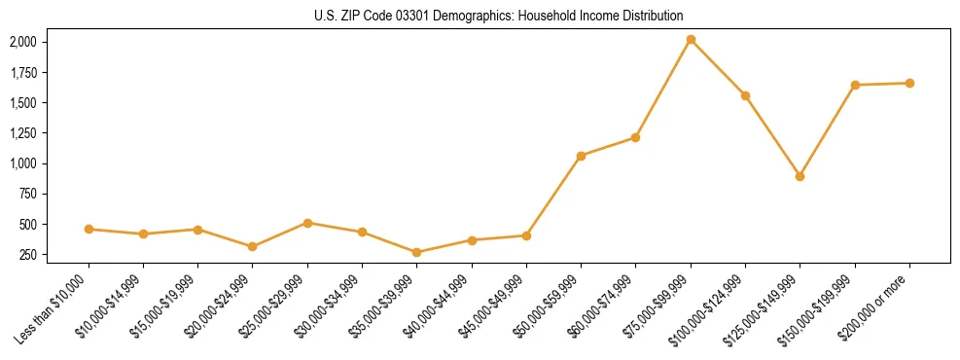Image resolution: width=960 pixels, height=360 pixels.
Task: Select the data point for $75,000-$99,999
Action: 691,40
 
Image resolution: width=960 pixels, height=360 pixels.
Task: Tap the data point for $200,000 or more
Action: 909,83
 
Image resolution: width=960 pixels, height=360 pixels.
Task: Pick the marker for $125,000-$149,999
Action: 800,176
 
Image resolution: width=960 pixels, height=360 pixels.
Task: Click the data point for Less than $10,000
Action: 89,229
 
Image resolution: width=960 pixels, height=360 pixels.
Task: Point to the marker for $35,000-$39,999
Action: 417,252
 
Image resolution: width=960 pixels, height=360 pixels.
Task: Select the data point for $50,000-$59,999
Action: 581,156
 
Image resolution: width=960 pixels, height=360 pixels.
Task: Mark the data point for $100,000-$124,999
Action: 745,95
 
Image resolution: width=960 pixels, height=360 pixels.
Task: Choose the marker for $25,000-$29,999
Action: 307,223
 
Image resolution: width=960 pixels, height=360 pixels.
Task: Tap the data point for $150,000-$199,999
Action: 855,85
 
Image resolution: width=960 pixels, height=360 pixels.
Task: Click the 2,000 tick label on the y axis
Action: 22,42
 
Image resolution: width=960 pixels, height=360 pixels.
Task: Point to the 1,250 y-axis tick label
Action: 22,133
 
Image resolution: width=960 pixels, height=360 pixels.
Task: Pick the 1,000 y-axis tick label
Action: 22,163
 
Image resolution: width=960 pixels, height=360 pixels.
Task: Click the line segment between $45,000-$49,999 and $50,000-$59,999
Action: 553,196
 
